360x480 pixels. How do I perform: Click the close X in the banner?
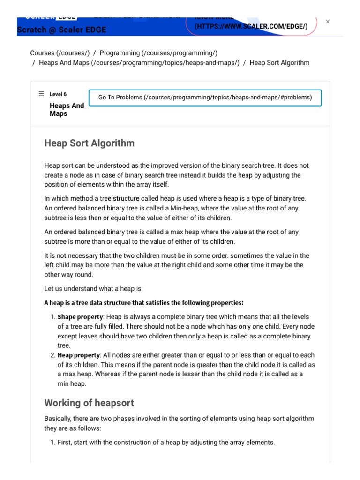point(328,22)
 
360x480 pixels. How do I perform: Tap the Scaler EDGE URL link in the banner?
point(251,26)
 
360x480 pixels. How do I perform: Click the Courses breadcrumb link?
point(60,53)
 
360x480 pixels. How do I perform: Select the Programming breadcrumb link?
point(158,53)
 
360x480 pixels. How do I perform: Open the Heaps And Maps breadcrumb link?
point(139,62)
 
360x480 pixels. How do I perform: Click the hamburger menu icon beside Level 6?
point(41,94)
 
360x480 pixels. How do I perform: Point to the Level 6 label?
point(58,94)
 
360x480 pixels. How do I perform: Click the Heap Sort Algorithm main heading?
point(89,143)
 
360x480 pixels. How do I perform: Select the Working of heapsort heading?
point(89,403)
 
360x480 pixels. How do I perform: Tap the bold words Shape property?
point(77,317)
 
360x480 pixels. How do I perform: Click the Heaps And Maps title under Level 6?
point(67,110)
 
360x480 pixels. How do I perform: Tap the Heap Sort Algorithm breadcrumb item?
point(279,62)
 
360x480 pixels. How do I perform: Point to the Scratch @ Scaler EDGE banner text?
point(61,30)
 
